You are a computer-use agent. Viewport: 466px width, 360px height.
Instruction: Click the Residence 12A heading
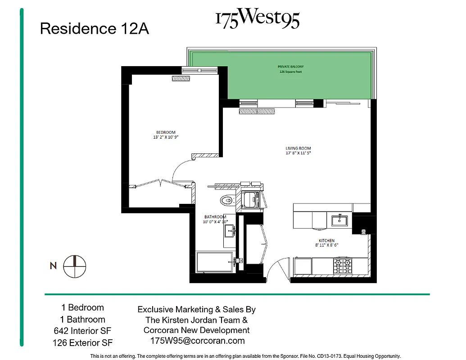click(94, 29)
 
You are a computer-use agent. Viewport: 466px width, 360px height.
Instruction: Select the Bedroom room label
click(166, 132)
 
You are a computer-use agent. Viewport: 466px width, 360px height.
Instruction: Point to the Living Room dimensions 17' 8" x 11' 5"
click(298, 153)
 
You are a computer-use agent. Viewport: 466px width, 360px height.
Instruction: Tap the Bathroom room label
click(215, 217)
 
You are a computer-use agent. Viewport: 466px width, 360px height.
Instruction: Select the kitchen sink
click(339, 220)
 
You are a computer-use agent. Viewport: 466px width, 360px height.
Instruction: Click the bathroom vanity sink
click(230, 231)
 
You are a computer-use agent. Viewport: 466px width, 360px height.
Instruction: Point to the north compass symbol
click(74, 266)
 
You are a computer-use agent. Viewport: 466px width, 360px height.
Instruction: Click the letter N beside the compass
click(53, 266)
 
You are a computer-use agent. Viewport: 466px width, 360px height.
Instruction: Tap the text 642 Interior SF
click(82, 331)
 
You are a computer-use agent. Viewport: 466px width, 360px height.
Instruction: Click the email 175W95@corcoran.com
click(197, 341)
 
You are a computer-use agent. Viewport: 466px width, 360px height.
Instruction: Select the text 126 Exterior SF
click(82, 343)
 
